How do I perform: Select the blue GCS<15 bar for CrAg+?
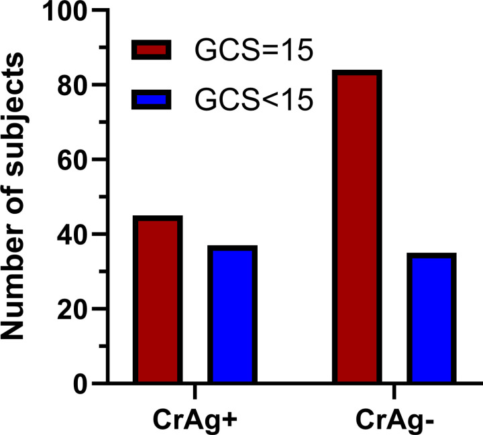click(233, 314)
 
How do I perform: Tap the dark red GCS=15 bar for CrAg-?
click(358, 227)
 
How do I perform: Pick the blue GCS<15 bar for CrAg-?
click(431, 318)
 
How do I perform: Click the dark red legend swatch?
click(151, 50)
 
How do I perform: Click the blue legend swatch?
click(151, 99)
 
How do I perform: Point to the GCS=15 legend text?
click(254, 50)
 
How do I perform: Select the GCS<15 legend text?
click(254, 99)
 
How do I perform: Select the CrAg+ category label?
click(195, 420)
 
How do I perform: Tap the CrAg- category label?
click(395, 420)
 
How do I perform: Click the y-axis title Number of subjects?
click(12, 196)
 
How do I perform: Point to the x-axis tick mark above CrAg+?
click(195, 391)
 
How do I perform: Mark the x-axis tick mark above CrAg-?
click(394, 391)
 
